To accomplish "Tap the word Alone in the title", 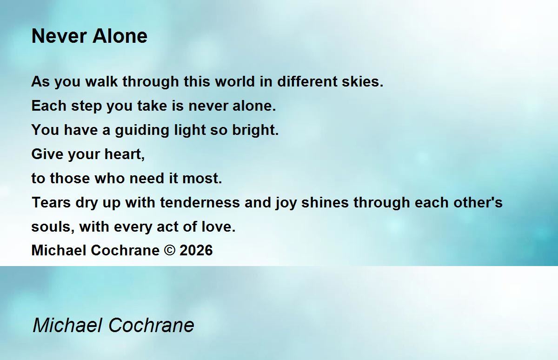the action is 120,36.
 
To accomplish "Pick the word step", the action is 86,107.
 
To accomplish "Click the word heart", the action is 125,154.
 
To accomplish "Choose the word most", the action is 202,179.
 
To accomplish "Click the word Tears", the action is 51,202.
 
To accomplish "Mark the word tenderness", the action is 200,202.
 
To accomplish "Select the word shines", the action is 325,202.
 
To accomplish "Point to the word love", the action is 219,227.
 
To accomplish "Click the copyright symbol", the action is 170,250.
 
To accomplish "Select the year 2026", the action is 196,250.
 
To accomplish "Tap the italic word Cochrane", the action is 151,325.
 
